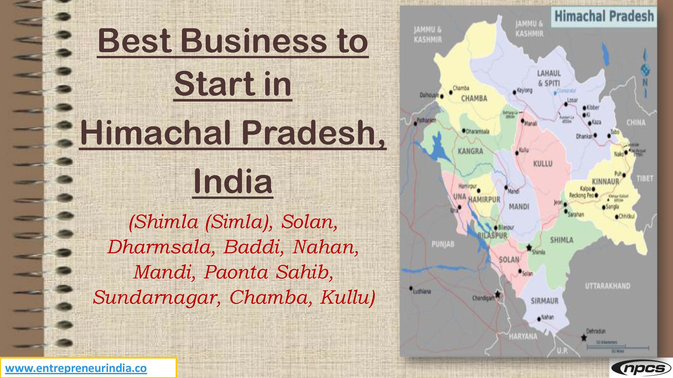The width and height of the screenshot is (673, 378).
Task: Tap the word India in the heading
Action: (233, 181)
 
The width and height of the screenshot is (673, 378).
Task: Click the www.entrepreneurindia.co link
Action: (76, 368)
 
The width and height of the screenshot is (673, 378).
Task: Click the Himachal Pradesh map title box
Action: (604, 16)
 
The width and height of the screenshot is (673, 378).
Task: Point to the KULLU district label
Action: (543, 164)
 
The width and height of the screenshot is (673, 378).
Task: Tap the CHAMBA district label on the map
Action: (474, 99)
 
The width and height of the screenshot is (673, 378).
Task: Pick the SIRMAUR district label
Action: (545, 301)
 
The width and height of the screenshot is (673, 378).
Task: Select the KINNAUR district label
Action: (605, 181)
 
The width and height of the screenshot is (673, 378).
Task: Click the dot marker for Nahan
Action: (539, 319)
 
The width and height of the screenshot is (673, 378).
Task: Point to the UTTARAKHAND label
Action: (608, 286)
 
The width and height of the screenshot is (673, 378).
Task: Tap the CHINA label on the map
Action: (636, 123)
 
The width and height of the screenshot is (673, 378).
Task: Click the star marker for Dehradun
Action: (584, 338)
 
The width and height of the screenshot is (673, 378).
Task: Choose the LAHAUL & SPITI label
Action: (549, 78)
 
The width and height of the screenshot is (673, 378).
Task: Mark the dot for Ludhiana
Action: (411, 288)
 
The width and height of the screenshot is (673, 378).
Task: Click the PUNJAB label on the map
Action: (443, 244)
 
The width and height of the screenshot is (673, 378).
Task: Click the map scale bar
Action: (618, 347)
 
